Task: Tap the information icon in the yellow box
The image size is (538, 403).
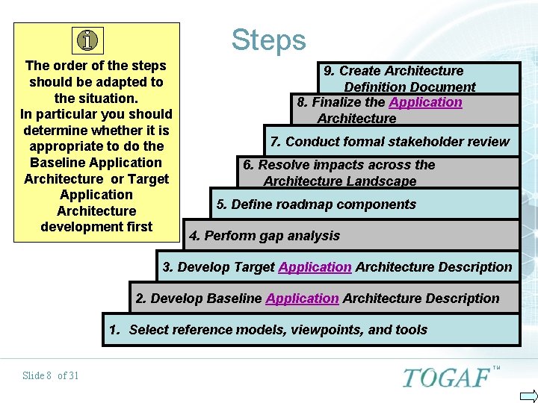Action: pyautogui.click(x=89, y=40)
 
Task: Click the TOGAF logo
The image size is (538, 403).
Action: pyautogui.click(x=446, y=377)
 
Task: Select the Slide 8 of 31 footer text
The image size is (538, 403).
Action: pyautogui.click(x=50, y=375)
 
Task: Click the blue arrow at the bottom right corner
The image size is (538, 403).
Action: pyautogui.click(x=528, y=396)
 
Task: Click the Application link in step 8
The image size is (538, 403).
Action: pyautogui.click(x=425, y=102)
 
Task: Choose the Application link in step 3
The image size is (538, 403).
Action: pyautogui.click(x=315, y=266)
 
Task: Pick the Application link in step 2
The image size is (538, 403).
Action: pyautogui.click(x=302, y=298)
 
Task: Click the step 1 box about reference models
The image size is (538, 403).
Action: pyautogui.click(x=311, y=329)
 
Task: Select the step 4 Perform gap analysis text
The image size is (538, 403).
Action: pyautogui.click(x=265, y=236)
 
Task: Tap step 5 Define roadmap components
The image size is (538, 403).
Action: pyautogui.click(x=316, y=204)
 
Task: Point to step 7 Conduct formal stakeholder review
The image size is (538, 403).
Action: pyautogui.click(x=389, y=142)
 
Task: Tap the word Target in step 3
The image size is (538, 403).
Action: pyautogui.click(x=254, y=266)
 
